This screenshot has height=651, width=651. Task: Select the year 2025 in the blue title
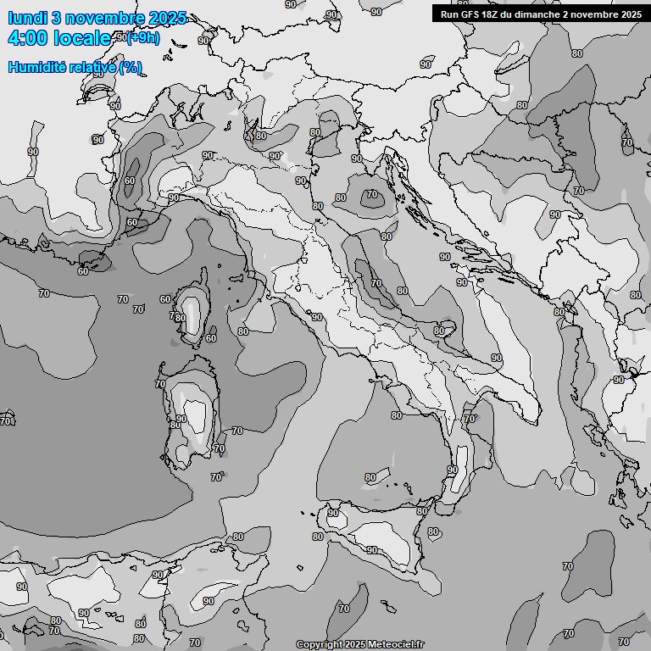pos(166,19)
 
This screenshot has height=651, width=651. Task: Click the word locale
pos(82,38)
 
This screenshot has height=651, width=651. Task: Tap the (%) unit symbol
pos(131,68)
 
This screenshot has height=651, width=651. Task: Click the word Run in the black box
pos(448,14)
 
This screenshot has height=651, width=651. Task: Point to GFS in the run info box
pos(470,14)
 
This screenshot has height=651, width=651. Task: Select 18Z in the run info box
pos(492,14)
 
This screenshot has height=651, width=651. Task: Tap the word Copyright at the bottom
pos(317,645)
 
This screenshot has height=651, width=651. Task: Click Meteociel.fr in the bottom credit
pos(396,645)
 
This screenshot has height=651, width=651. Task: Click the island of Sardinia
pos(190,415)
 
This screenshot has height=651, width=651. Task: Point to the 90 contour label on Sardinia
pos(181,419)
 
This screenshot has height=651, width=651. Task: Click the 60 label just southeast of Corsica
pos(210,338)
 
